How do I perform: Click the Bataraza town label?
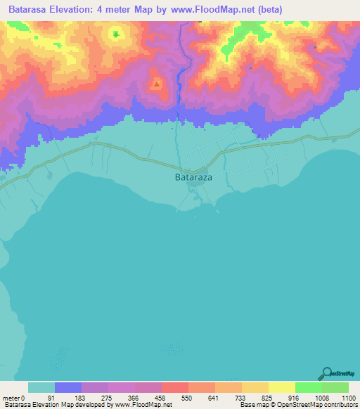point(193,178)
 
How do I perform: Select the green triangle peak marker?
point(115,33)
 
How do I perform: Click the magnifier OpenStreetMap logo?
point(327,373)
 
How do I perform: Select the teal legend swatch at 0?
point(41,387)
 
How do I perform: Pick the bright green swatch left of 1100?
point(335,387)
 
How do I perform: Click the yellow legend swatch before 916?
point(281,387)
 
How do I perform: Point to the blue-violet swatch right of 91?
point(68,387)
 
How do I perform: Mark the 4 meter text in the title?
point(133,10)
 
